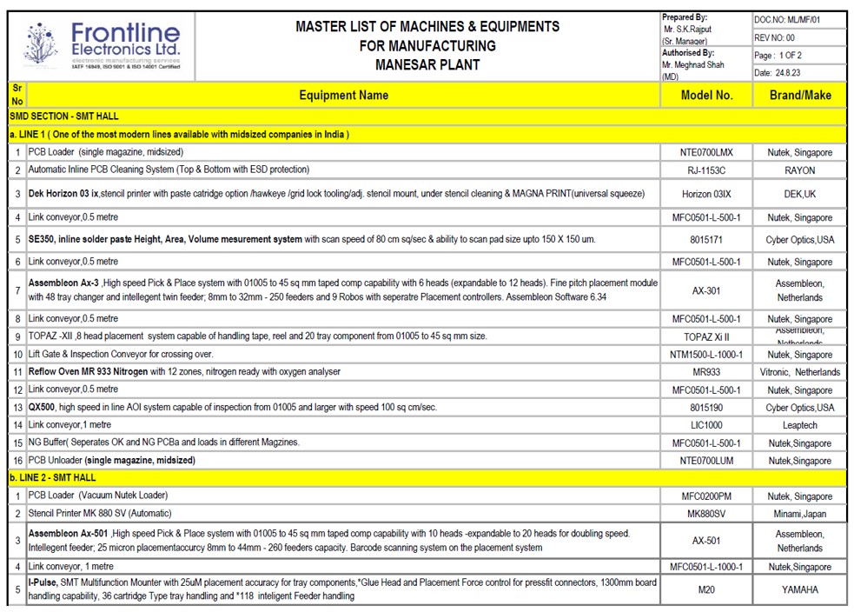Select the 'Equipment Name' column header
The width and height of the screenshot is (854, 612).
tap(343, 96)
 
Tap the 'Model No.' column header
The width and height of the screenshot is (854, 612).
tap(706, 96)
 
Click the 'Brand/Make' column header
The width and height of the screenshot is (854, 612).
tap(799, 96)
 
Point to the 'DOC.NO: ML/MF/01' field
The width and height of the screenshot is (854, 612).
tap(787, 19)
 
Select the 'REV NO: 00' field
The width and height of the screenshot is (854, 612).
tap(775, 37)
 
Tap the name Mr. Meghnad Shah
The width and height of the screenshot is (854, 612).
tap(692, 64)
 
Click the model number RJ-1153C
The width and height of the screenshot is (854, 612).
tap(706, 170)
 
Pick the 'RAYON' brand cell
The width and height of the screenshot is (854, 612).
tap(799, 170)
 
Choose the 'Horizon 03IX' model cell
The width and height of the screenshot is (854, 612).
tap(706, 194)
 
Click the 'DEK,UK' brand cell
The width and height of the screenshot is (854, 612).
tap(799, 194)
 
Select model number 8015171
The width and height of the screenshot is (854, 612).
tap(706, 239)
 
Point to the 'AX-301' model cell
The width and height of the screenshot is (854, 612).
tap(706, 290)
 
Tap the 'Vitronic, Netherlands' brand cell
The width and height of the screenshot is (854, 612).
tap(799, 372)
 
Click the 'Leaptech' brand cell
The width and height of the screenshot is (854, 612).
tap(799, 425)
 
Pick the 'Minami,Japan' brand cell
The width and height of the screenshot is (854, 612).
tap(799, 514)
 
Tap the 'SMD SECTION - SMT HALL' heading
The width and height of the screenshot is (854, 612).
tap(64, 116)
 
